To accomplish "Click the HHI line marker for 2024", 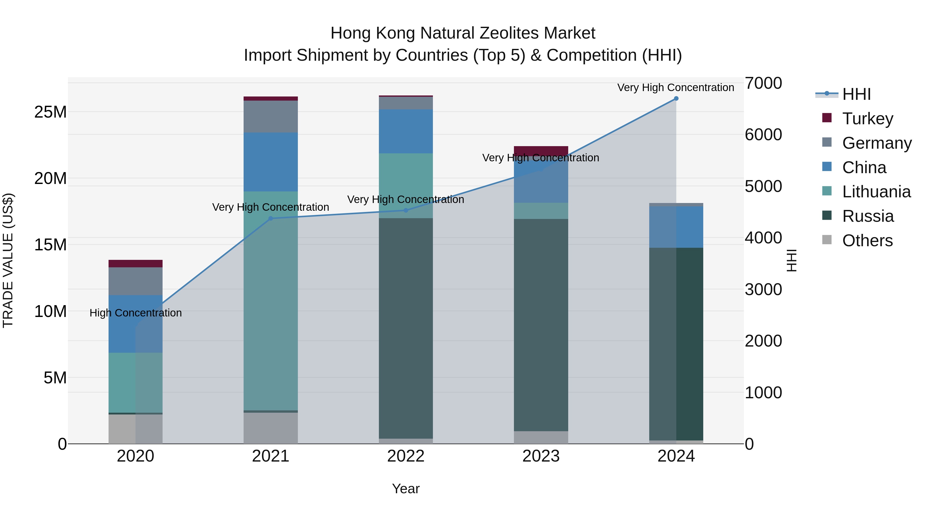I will (x=676, y=99).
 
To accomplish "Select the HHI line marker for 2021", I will (x=271, y=218).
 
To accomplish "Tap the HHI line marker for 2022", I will (x=406, y=210).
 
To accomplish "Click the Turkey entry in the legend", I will (x=867, y=119).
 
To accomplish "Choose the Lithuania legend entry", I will (x=876, y=192).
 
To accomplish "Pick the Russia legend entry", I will (x=867, y=216).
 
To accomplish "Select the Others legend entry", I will (x=867, y=241).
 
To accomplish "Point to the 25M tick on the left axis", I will (x=50, y=112).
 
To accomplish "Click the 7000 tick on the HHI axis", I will (x=763, y=83).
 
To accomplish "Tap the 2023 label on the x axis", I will (x=541, y=456).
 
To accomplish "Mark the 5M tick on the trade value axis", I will (x=55, y=377).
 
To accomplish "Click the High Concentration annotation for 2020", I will (x=136, y=313).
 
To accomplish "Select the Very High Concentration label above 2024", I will (x=675, y=87).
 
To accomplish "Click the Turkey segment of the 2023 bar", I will (x=541, y=151).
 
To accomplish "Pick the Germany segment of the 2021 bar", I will (x=271, y=117).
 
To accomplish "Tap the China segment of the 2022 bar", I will (x=406, y=131).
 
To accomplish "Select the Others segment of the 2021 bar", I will (x=271, y=428).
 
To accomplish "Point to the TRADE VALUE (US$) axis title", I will (x=8, y=260).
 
